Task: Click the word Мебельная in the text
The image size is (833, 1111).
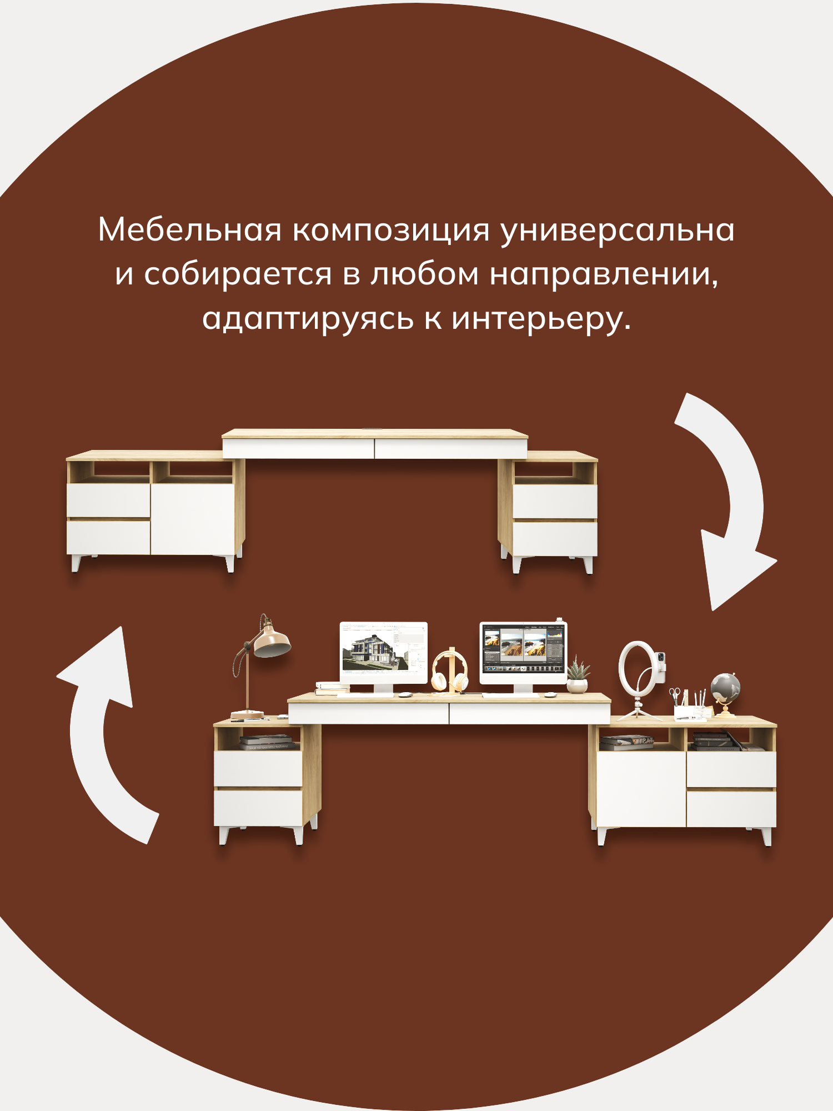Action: click(x=189, y=229)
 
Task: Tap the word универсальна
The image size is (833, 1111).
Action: click(x=617, y=231)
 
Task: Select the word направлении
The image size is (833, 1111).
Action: click(x=604, y=274)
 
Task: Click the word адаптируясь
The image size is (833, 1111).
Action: click(x=308, y=319)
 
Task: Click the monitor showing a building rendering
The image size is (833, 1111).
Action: click(x=383, y=652)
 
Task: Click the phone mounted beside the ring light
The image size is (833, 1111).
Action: click(x=660, y=664)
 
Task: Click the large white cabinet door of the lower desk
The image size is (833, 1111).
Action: click(x=641, y=789)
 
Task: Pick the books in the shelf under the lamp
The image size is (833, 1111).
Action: click(x=267, y=742)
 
